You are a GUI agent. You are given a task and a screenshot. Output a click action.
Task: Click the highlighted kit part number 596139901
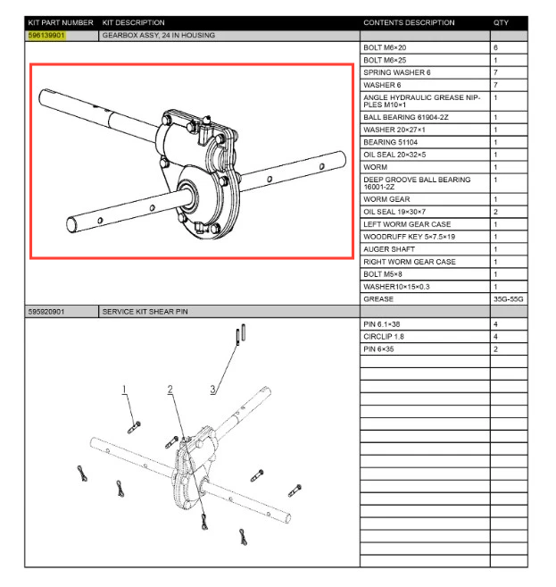46,35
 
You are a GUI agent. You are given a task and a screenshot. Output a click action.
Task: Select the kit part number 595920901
46,311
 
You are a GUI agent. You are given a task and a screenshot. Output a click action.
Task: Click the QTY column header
501,22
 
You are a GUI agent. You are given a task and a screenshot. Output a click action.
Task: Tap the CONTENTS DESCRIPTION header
409,22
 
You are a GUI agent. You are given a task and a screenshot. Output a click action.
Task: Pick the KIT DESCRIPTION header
134,22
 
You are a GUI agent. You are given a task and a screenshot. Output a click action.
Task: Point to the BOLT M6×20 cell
385,46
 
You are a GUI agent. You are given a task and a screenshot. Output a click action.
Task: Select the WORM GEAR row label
386,198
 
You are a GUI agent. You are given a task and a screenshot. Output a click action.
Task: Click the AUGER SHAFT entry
387,248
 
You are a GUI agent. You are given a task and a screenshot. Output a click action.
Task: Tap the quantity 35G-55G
507,298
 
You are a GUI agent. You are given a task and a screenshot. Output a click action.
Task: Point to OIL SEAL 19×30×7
396,211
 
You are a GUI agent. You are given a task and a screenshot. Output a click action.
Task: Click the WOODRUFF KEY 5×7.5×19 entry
408,236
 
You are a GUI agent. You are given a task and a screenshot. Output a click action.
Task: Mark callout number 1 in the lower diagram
125,389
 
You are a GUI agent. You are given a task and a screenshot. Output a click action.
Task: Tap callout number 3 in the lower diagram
213,389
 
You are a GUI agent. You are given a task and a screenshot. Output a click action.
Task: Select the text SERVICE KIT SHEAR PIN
145,311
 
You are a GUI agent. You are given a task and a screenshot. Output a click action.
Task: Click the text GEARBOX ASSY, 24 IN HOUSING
159,35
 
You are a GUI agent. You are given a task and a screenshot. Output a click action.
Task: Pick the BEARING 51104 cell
389,141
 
